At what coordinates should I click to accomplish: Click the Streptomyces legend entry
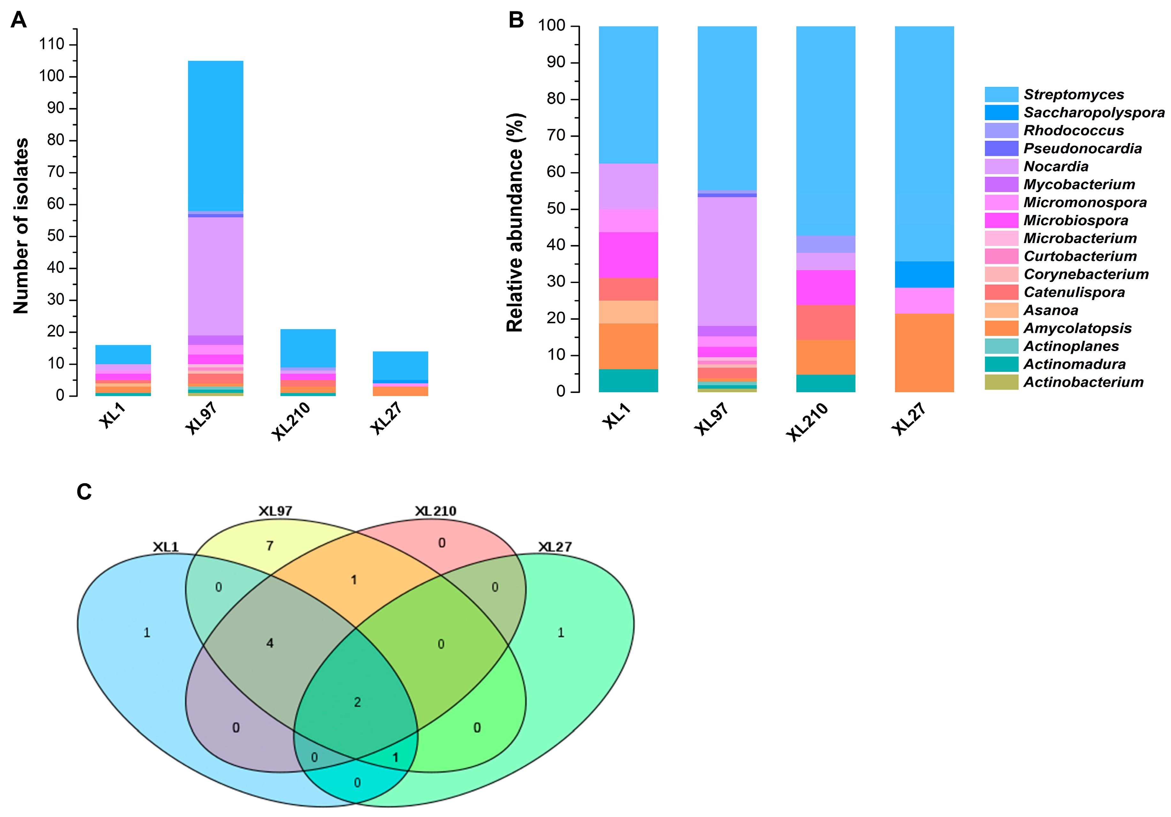point(1074,94)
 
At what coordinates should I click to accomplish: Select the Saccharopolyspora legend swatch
point(1001,112)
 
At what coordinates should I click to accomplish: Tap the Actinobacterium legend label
point(1083,382)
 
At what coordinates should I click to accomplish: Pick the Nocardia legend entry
point(1056,166)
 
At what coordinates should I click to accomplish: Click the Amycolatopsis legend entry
point(1077,328)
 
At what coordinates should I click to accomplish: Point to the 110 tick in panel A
point(52,44)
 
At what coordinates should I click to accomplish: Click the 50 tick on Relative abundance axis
point(556,209)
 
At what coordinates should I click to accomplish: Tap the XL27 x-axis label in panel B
point(909,418)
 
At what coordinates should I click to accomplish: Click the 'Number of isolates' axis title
point(21,225)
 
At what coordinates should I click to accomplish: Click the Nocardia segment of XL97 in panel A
point(215,275)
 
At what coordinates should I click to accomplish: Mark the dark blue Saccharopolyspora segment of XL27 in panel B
point(924,274)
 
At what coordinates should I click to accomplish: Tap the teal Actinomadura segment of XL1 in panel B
point(628,380)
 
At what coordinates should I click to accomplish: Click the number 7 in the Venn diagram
point(270,546)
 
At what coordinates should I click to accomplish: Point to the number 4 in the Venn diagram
point(270,643)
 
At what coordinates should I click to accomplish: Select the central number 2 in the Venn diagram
point(357,702)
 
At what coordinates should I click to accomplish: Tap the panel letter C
point(84,492)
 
